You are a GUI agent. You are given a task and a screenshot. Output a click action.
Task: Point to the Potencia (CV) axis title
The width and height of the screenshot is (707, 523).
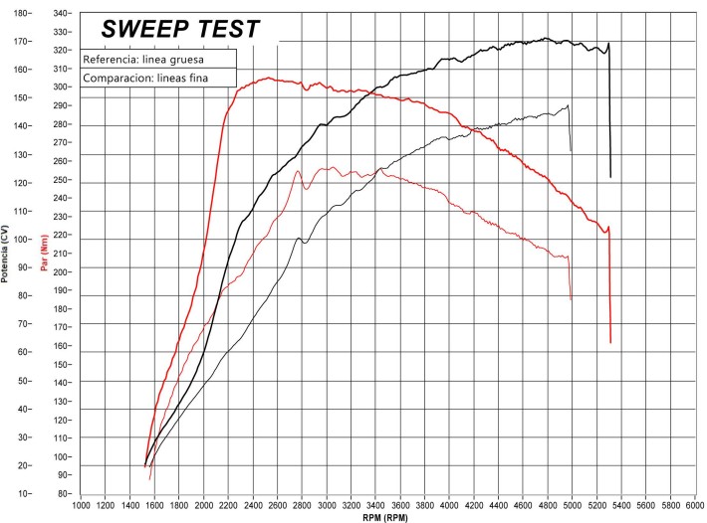pos(7,253)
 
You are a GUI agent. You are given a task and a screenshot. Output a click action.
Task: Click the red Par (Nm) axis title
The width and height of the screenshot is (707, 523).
pos(45,253)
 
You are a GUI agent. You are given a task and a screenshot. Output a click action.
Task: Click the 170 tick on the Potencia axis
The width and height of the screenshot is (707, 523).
pos(19,42)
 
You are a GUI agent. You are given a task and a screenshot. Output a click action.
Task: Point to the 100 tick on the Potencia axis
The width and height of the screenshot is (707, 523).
pos(19,240)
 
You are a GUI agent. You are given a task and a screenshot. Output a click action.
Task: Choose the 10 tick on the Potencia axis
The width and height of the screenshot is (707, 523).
pos(19,493)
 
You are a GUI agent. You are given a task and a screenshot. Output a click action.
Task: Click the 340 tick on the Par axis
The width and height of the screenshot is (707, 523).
pos(61,13)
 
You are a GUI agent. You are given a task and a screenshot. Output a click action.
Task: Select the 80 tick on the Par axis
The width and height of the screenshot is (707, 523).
pos(61,493)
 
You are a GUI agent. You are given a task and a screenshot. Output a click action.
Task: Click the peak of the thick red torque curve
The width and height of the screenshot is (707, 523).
pos(268,78)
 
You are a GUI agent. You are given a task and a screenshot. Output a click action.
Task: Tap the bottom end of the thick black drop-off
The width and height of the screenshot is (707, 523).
pos(610,177)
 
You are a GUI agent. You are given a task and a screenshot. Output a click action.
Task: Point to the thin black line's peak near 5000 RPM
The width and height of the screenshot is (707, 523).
pos(569,105)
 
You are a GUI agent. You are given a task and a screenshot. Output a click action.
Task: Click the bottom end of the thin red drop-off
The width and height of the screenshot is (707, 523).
pos(571,299)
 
